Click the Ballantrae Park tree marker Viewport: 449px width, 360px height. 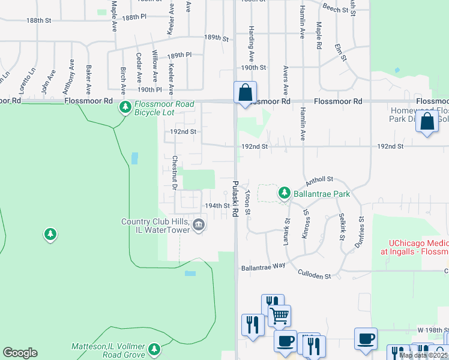pos(285,193)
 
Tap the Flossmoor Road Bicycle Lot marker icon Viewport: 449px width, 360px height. pos(125,108)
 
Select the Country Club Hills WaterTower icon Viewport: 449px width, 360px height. pos(199,226)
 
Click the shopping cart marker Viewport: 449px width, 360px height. pos(279,315)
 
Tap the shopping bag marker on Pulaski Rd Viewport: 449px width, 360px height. pos(245,93)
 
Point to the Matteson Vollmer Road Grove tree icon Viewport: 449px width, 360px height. pos(154,349)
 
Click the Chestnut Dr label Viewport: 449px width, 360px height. pos(174,173)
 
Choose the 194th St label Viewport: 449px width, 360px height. pos(217,205)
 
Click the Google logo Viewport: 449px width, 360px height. pos(20,353)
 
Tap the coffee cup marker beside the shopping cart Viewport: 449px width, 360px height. pos(285,341)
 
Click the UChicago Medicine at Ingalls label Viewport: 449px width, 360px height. pos(415,248)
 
